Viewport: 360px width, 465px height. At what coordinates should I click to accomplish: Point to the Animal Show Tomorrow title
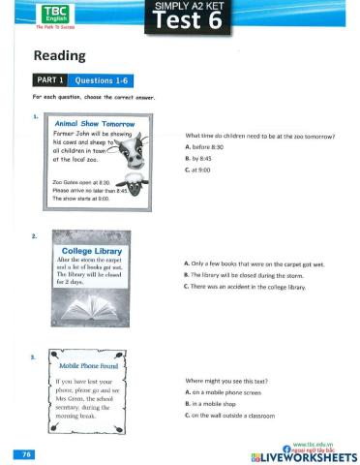point(95,125)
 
